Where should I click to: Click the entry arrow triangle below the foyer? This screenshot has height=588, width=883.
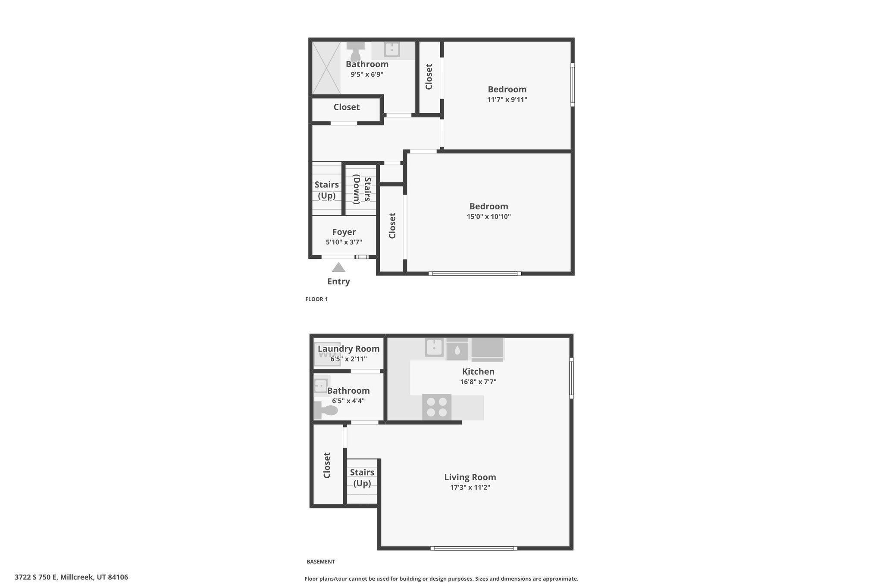[338, 268]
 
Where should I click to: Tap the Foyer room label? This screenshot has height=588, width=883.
[344, 232]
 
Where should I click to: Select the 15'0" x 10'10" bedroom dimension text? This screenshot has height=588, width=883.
[489, 217]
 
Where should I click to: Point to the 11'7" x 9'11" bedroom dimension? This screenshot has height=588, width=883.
[507, 100]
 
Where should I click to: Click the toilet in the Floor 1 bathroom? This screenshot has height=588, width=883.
[356, 51]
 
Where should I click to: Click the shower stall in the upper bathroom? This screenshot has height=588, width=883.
[326, 68]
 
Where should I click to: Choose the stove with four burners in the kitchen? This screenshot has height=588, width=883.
[437, 407]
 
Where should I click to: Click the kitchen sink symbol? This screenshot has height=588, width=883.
[435, 347]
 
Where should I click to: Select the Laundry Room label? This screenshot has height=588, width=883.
[349, 349]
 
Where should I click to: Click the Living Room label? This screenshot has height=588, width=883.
[470, 477]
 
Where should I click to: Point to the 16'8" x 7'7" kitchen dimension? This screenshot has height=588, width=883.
[479, 382]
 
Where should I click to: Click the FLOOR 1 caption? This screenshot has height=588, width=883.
[316, 299]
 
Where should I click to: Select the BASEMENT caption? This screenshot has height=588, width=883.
[321, 562]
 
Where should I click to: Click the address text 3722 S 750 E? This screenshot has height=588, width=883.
[36, 577]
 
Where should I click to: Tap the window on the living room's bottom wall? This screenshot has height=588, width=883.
[474, 548]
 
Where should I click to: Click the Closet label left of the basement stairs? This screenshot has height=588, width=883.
[327, 465]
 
